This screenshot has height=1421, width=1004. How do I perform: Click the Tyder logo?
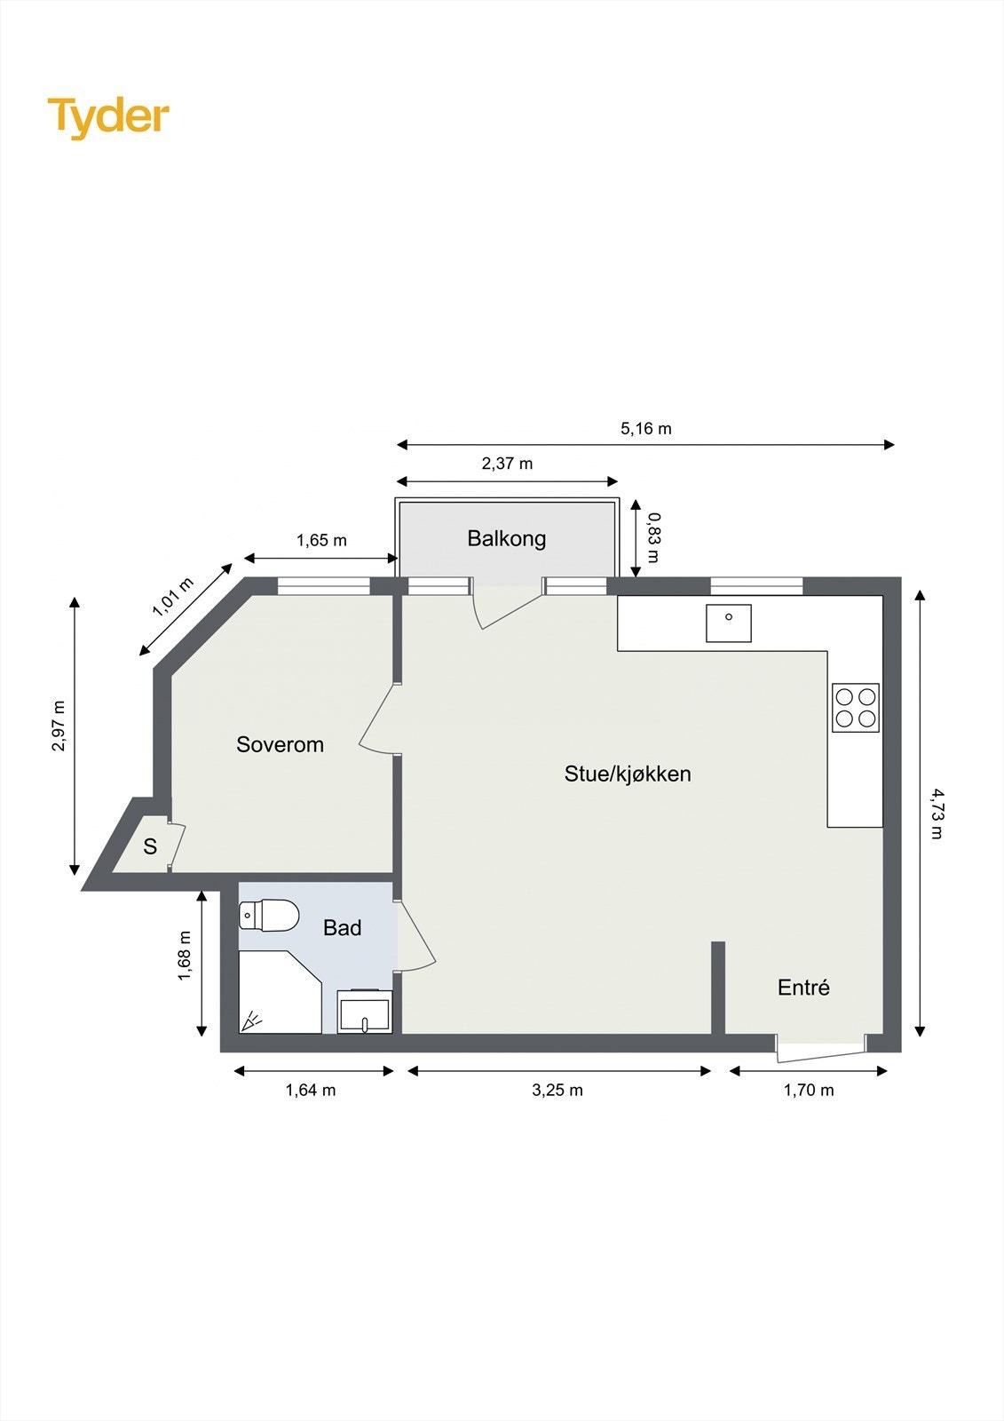pos(108,116)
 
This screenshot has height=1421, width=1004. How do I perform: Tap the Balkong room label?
pos(506,538)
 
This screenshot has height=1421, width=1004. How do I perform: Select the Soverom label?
pos(280,744)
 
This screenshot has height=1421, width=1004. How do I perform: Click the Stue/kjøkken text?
pos(628,774)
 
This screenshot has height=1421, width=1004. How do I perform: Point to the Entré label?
pos(803,988)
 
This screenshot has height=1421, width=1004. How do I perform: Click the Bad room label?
pos(342,928)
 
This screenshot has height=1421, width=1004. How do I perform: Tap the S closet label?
pos(150,846)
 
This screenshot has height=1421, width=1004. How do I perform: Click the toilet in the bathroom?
pos(268,916)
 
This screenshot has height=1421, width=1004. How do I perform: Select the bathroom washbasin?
pos(364,1012)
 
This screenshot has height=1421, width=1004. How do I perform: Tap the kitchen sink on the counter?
pos(729,623)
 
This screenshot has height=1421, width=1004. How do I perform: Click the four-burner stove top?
pos(855,708)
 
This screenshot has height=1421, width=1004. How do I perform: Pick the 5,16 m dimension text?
pos(645,429)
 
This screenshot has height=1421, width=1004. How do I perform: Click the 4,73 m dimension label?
pos(936,813)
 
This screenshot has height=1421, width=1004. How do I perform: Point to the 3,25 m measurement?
pos(557,1091)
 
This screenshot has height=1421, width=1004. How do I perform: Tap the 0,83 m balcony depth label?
pos(652,537)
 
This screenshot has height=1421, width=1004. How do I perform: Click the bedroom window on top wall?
pos(323,586)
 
